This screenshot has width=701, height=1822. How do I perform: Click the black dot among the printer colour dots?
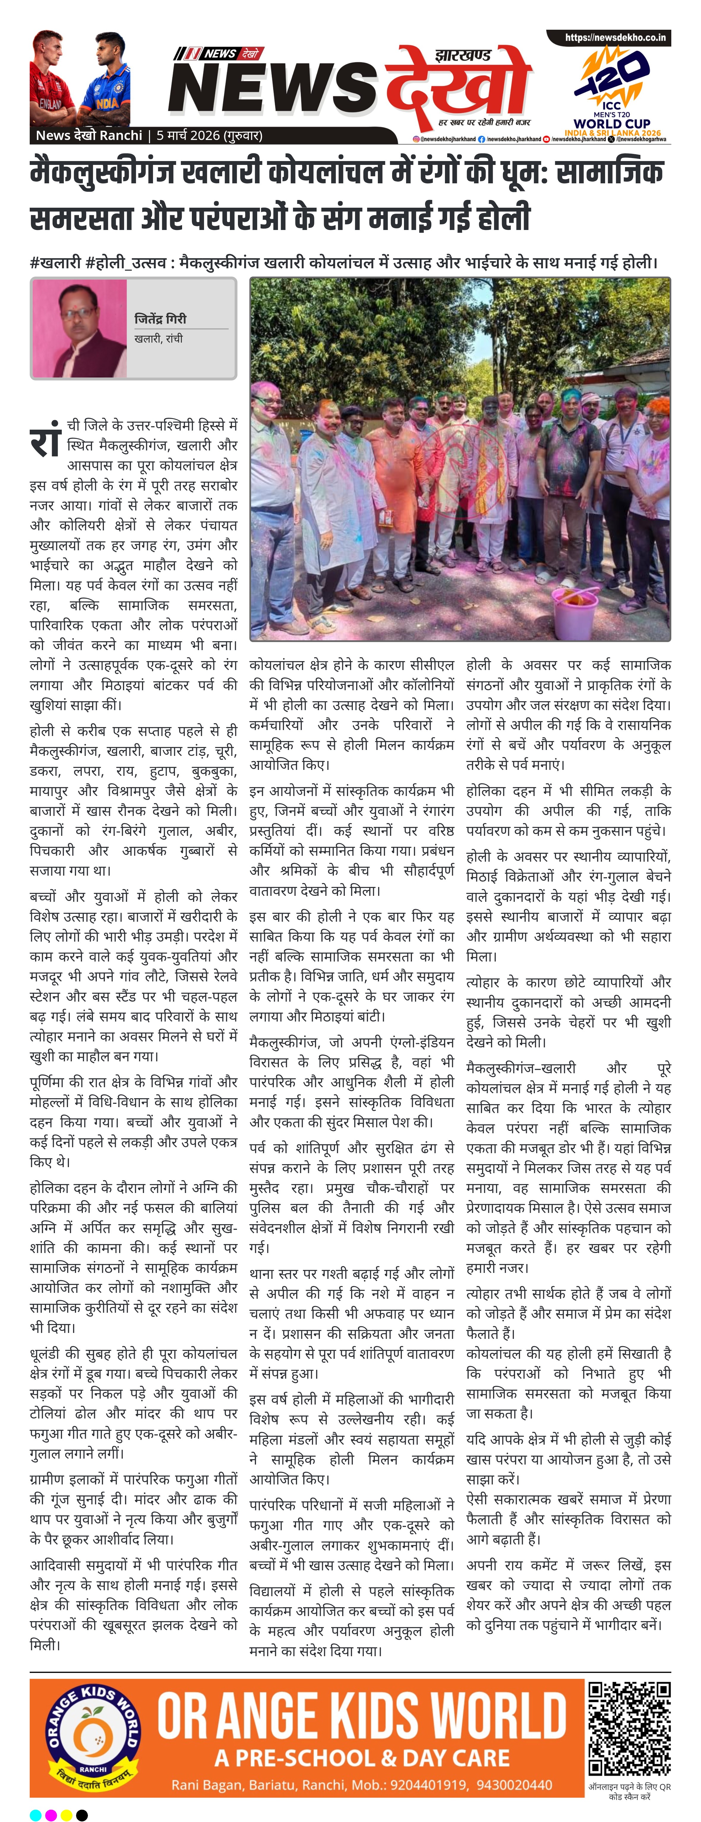(82, 1814)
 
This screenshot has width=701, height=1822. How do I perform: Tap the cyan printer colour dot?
(35, 1814)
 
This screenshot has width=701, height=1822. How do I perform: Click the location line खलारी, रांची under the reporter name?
(158, 339)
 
